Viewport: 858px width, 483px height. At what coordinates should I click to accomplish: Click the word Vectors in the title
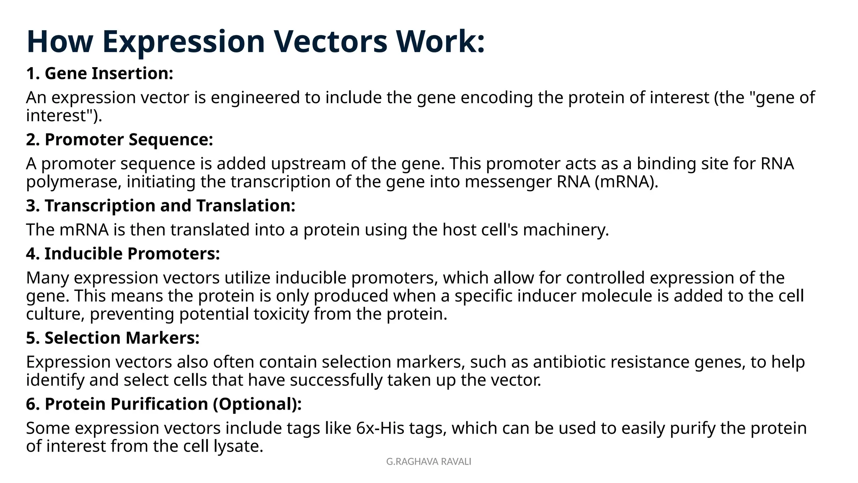(x=331, y=42)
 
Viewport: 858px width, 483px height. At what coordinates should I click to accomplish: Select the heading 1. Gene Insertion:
(x=100, y=73)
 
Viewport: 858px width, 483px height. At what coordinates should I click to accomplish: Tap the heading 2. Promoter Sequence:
(x=119, y=140)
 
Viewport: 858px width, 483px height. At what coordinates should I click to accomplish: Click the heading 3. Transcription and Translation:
(x=160, y=206)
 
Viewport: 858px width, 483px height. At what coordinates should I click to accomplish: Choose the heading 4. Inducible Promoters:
(x=123, y=254)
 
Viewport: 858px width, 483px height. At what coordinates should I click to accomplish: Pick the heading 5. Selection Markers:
(x=113, y=338)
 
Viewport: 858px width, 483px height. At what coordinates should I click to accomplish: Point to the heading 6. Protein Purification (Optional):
(x=164, y=404)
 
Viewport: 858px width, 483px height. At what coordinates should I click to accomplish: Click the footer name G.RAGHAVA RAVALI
(x=429, y=462)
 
